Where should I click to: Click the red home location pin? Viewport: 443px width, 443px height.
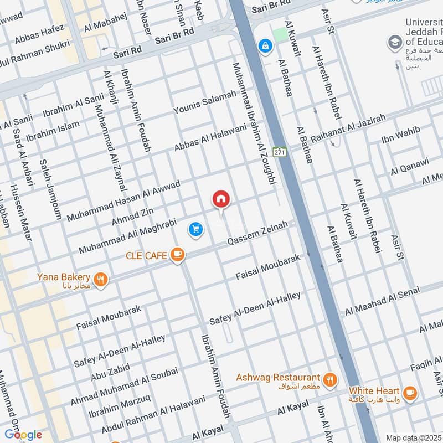220,199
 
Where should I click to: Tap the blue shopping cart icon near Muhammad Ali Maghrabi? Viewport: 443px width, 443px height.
195,229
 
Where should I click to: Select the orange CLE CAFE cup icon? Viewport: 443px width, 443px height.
177,255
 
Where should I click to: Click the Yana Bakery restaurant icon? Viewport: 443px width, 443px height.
100,280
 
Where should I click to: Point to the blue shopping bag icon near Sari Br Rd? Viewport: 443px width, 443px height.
266,45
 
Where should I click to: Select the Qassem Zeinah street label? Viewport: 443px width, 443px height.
258,234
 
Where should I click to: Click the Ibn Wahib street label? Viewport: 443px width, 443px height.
400,135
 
